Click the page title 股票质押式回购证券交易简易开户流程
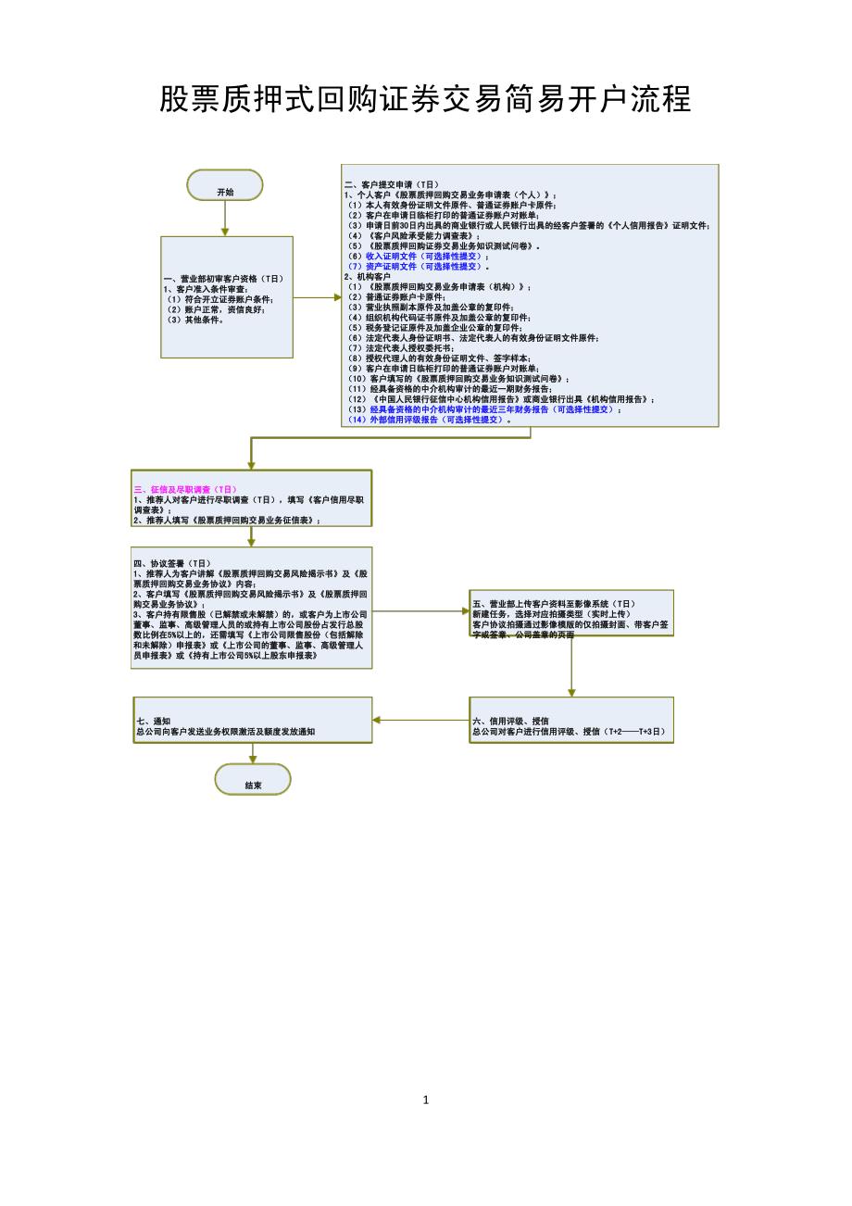pos(425,98)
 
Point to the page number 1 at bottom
pos(426,1100)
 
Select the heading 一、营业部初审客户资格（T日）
pos(223,278)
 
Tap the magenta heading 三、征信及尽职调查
pos(186,488)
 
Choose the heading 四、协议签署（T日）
pos(173,562)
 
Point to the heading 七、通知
pos(154,721)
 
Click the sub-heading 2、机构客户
pos(368,277)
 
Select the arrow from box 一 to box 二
pos(318,297)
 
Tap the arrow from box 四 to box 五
pos(420,610)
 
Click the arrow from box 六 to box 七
pos(420,720)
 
